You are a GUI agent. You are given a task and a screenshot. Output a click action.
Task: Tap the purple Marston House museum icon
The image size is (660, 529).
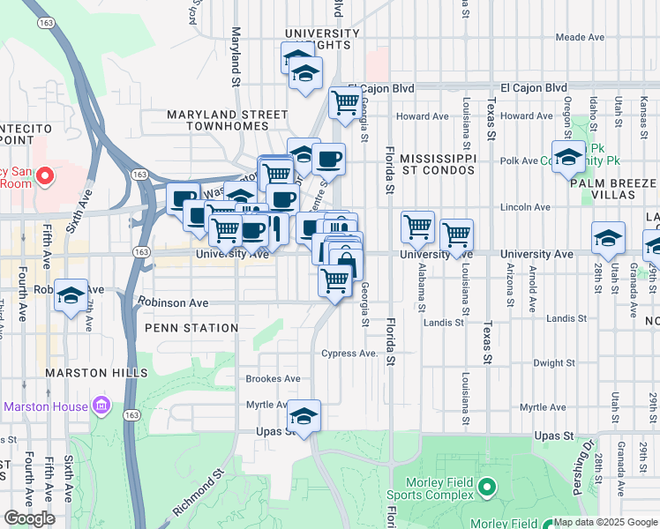click(x=101, y=406)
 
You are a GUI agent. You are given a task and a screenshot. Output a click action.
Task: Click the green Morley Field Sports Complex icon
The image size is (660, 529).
click(x=485, y=487)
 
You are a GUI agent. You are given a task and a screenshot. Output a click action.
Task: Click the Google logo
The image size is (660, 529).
click(x=29, y=518)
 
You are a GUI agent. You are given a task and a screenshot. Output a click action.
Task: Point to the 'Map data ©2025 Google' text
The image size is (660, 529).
click(x=605, y=522)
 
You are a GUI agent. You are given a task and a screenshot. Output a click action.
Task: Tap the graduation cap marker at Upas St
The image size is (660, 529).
click(x=304, y=416)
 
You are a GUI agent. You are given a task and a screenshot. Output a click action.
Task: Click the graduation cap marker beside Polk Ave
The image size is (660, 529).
click(x=569, y=156)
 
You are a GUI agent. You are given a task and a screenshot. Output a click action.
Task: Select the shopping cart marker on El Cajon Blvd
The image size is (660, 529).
click(x=345, y=102)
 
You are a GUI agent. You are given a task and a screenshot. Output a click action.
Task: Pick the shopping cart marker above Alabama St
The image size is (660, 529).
click(x=417, y=227)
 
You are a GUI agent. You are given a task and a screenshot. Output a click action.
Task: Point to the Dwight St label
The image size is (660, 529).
click(x=554, y=362)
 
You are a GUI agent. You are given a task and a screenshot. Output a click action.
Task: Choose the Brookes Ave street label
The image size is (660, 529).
click(x=273, y=378)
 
